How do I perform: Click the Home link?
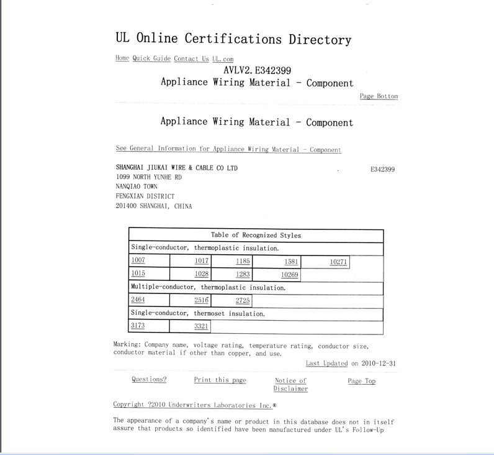122,58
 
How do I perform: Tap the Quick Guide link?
151,58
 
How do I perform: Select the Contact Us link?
191,58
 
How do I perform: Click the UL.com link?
223,58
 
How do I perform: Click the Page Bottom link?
379,96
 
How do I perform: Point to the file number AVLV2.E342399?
257,70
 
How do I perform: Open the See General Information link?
228,149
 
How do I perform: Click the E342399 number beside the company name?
378,169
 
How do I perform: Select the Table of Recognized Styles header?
256,236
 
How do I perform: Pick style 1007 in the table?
138,260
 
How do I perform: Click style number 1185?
243,261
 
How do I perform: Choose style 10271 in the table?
338,262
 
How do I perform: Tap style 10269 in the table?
290,274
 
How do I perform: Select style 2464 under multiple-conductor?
138,300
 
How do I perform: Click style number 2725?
243,300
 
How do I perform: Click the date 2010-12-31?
378,364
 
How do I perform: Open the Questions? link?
149,380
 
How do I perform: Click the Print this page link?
220,380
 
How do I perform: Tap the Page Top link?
361,381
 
